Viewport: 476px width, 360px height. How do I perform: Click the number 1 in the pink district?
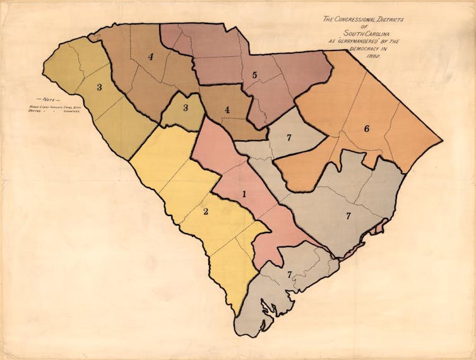(x=244, y=194)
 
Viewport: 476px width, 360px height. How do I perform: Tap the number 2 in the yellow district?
(x=206, y=211)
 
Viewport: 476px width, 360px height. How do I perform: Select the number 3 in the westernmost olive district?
(x=98, y=87)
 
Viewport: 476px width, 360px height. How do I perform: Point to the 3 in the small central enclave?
(x=186, y=108)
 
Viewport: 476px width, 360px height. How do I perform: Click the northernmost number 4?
(x=151, y=57)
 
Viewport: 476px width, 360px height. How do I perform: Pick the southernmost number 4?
(x=226, y=109)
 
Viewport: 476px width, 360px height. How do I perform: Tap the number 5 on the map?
(x=254, y=75)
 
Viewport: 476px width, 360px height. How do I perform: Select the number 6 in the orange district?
(x=366, y=129)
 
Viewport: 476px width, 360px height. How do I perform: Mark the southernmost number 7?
(x=289, y=275)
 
